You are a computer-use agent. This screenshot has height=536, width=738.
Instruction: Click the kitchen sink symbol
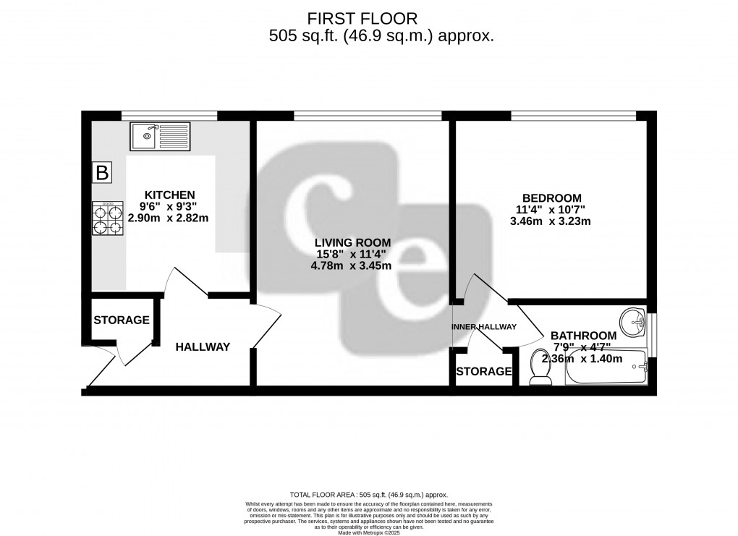(x=160, y=135)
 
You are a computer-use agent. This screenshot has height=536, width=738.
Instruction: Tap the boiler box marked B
(x=102, y=173)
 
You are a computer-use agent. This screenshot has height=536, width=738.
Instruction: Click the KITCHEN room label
(x=170, y=195)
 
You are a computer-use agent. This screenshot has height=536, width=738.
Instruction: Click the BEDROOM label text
(x=552, y=198)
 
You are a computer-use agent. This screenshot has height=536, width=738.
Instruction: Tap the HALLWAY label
(x=203, y=347)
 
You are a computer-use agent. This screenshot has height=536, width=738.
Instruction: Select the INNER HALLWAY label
(x=484, y=327)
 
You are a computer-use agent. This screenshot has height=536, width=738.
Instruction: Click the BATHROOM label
(x=583, y=336)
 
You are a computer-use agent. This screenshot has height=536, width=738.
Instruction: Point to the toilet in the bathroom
(x=539, y=367)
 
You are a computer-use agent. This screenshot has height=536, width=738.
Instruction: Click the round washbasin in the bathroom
(x=635, y=322)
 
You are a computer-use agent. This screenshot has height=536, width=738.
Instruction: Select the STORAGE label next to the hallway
(x=121, y=320)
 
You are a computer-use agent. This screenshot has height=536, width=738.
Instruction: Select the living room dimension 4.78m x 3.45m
(x=351, y=265)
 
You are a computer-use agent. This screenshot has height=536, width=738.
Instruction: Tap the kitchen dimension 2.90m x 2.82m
(x=168, y=218)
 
